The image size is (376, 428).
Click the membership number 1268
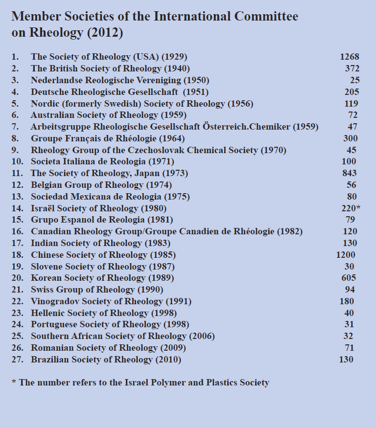coord(350,57)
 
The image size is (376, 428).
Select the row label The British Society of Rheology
coord(110,68)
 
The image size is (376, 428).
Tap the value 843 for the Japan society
coord(349,173)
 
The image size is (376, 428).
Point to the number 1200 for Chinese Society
coord(346,255)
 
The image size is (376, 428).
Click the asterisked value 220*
coord(351,208)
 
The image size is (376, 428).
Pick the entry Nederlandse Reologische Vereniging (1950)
coord(120,80)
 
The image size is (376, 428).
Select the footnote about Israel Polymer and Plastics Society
coord(140,383)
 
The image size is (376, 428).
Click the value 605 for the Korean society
coord(349,278)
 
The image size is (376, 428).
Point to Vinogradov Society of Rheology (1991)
coord(111,301)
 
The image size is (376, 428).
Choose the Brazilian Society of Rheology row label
coord(106,360)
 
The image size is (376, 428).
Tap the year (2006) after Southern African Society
coord(202,336)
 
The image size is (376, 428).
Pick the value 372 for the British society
coord(352,68)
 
